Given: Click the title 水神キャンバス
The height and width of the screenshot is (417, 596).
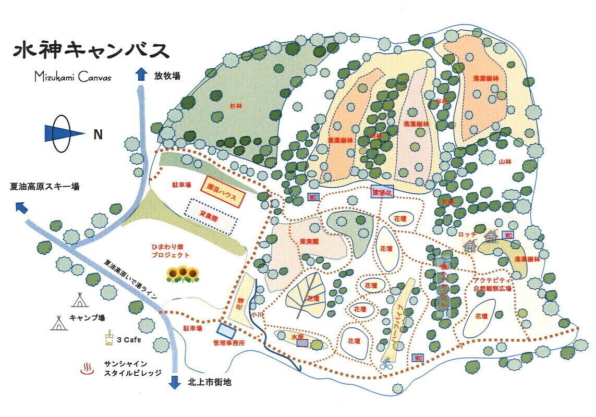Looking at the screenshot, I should [x=91, y=51].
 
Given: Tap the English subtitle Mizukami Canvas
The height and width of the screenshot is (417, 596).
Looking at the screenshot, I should [x=72, y=77].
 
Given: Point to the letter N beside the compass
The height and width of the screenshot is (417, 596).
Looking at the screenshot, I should [x=98, y=135].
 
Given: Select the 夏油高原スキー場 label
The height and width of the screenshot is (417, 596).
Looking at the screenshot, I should [x=44, y=187].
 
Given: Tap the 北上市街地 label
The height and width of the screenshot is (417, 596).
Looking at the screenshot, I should [x=209, y=382].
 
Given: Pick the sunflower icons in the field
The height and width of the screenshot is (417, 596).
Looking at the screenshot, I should [x=183, y=274].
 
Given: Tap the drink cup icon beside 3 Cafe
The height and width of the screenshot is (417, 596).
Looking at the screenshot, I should [x=109, y=339].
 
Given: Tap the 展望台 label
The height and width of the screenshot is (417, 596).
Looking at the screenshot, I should [x=382, y=192].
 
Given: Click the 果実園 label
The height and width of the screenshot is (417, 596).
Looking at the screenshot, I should [x=309, y=242].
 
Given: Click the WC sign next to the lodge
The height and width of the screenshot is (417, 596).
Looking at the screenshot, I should [x=508, y=235].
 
